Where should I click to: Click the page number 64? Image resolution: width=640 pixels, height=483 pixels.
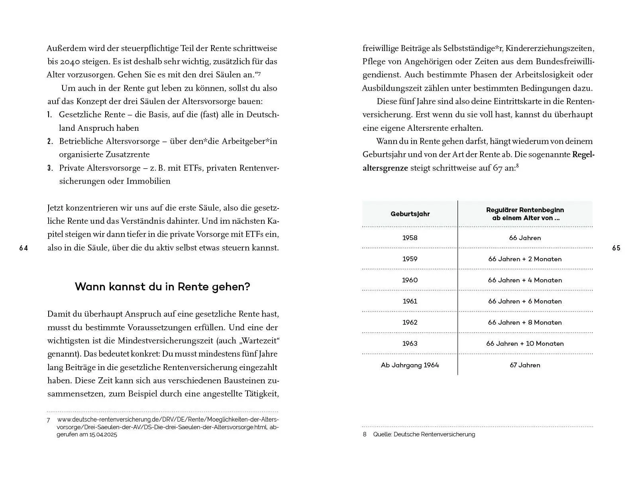point(24,248)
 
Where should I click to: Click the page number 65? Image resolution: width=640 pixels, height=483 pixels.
point(616,248)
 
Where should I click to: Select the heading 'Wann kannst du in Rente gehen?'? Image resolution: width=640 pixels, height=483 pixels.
point(162,287)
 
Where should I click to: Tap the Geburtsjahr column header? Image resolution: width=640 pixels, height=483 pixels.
point(410,214)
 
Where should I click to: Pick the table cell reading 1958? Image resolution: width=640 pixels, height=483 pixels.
point(410,238)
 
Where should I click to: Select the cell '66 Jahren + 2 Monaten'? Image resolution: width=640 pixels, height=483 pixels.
point(525,259)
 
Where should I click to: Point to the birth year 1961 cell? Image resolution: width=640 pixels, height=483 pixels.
point(410,301)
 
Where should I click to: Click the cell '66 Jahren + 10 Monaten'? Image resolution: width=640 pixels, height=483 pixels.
point(525,343)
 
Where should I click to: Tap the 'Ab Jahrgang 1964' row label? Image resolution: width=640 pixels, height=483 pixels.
point(410,365)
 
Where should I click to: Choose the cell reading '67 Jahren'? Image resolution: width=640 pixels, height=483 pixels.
point(525,365)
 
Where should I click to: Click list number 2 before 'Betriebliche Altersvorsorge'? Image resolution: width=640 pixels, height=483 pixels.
point(50,142)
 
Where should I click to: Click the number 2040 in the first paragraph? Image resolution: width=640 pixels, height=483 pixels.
point(71,62)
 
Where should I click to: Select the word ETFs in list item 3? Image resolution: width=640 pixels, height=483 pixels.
point(193,168)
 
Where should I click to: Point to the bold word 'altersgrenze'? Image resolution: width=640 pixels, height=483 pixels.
point(385,168)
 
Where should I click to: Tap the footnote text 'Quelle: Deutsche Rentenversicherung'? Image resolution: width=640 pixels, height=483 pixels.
point(424,434)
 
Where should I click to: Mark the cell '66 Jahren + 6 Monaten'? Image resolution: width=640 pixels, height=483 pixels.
point(525,301)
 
